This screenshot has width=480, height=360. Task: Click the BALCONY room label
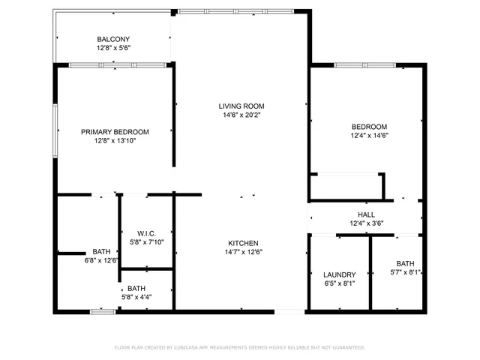pos(113,39)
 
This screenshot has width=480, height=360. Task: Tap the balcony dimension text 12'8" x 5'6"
pos(113,48)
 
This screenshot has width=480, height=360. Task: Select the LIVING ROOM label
pos(241,106)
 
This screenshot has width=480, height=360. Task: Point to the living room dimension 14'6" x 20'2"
pos(241,115)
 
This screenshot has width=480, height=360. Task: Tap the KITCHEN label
pos(244,243)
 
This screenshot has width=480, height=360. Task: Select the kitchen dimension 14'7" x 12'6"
pos(244,252)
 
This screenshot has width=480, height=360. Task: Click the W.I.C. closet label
pos(146,233)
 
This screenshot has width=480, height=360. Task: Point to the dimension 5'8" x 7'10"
pos(146,242)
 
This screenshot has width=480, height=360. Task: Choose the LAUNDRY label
pos(339,275)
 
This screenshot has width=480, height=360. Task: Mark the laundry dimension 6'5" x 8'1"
pos(339,284)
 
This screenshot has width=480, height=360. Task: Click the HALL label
pos(366,214)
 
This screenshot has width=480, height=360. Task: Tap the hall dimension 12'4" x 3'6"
pos(366,223)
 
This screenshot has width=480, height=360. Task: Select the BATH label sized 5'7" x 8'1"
pos(405,263)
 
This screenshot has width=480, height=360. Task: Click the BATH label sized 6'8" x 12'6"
pos(100,251)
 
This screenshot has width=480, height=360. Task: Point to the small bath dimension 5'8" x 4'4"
pos(136,297)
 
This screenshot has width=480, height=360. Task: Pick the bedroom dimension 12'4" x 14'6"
pos(369,136)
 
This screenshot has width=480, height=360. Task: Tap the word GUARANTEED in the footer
pos(349,348)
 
